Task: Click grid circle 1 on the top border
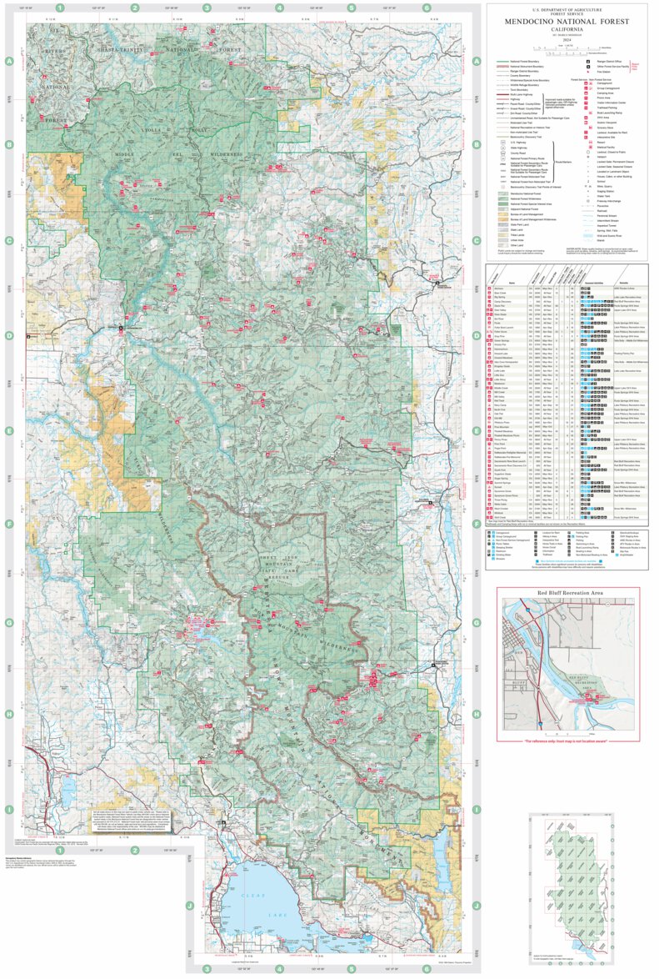60,8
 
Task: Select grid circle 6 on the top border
427,8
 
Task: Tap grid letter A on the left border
9,62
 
